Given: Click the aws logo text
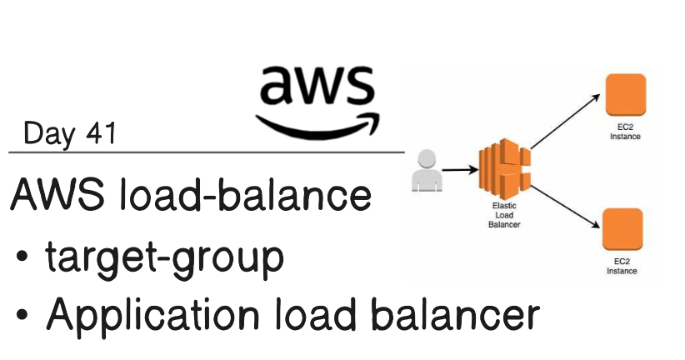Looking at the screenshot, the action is pyautogui.click(x=317, y=85).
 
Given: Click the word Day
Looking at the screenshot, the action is pyautogui.click(x=49, y=133).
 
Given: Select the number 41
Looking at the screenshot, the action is pyautogui.click(x=101, y=132).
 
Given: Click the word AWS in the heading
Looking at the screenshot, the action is pyautogui.click(x=57, y=194).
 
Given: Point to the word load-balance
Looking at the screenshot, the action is pyautogui.click(x=246, y=193).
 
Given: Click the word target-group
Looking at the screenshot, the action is pyautogui.click(x=165, y=258).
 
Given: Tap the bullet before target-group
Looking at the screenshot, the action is pyautogui.click(x=22, y=256).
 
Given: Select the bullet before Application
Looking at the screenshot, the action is pyautogui.click(x=22, y=314).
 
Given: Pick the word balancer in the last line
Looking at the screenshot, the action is pyautogui.click(x=456, y=312).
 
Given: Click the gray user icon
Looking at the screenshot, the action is pyautogui.click(x=427, y=170).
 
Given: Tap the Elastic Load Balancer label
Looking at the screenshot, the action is pyautogui.click(x=504, y=215).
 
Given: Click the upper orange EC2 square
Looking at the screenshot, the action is pyautogui.click(x=626, y=95).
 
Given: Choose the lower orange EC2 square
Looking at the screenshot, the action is pyautogui.click(x=622, y=229).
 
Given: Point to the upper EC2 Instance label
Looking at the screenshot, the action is pyautogui.click(x=625, y=132).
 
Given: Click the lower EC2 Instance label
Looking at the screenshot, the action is pyautogui.click(x=622, y=266).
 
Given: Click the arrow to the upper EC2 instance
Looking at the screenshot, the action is pyautogui.click(x=565, y=122).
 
